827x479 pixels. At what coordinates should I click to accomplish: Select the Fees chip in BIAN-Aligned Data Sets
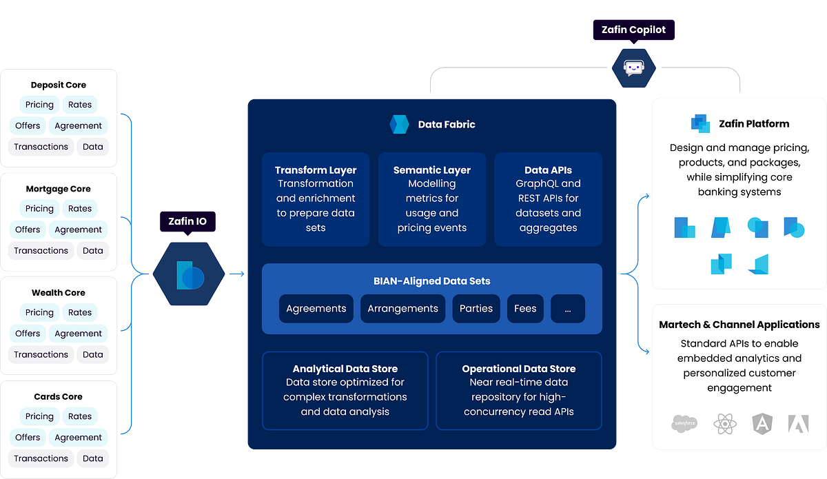(525, 309)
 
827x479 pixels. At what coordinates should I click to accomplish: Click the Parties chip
(476, 309)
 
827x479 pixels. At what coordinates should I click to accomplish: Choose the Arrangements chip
(402, 309)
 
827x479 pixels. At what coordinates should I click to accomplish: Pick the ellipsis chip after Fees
(568, 309)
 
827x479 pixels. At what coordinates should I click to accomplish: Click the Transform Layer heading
(316, 170)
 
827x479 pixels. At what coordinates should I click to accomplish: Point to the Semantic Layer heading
(432, 170)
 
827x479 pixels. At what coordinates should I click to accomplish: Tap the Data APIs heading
(548, 170)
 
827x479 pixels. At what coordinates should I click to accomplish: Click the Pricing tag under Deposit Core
(39, 105)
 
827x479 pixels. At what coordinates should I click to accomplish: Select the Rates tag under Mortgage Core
(80, 209)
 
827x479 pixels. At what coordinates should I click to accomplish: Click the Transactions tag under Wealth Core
(41, 354)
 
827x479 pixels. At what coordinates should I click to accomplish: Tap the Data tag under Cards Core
(93, 458)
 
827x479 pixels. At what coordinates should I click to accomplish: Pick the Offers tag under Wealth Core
(28, 334)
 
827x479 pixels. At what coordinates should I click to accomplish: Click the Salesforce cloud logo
(684, 423)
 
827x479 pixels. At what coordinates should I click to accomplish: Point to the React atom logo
(726, 423)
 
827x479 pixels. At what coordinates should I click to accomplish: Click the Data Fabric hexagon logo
(400, 125)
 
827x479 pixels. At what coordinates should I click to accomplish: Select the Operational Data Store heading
(518, 369)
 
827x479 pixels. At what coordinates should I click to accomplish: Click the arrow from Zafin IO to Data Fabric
(236, 274)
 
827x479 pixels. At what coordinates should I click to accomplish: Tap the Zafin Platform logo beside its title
(700, 124)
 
